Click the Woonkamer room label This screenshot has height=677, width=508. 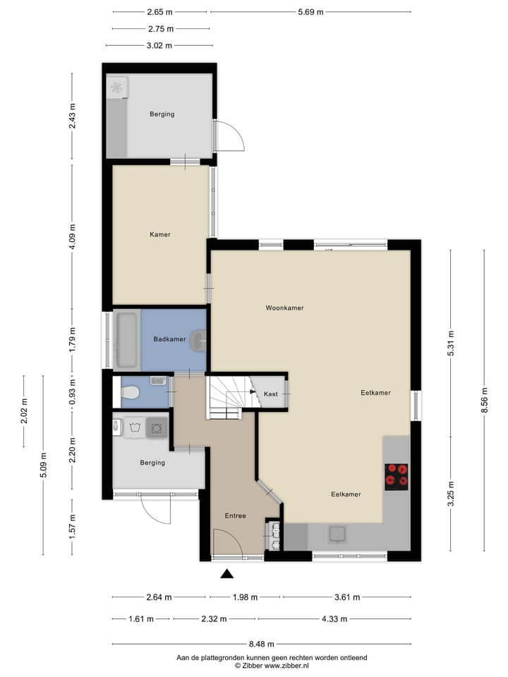click(285, 308)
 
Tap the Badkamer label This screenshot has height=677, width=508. click(169, 339)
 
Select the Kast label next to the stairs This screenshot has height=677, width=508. click(270, 394)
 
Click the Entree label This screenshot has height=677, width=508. click(236, 516)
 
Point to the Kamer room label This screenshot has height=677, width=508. click(160, 235)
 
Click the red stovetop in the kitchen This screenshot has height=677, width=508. click(397, 477)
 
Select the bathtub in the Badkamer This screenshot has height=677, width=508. click(127, 340)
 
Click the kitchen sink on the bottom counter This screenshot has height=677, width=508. click(337, 534)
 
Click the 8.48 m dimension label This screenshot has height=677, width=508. click(261, 644)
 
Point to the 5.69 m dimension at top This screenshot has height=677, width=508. click(310, 12)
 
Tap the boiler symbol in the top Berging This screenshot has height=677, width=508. click(117, 88)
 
